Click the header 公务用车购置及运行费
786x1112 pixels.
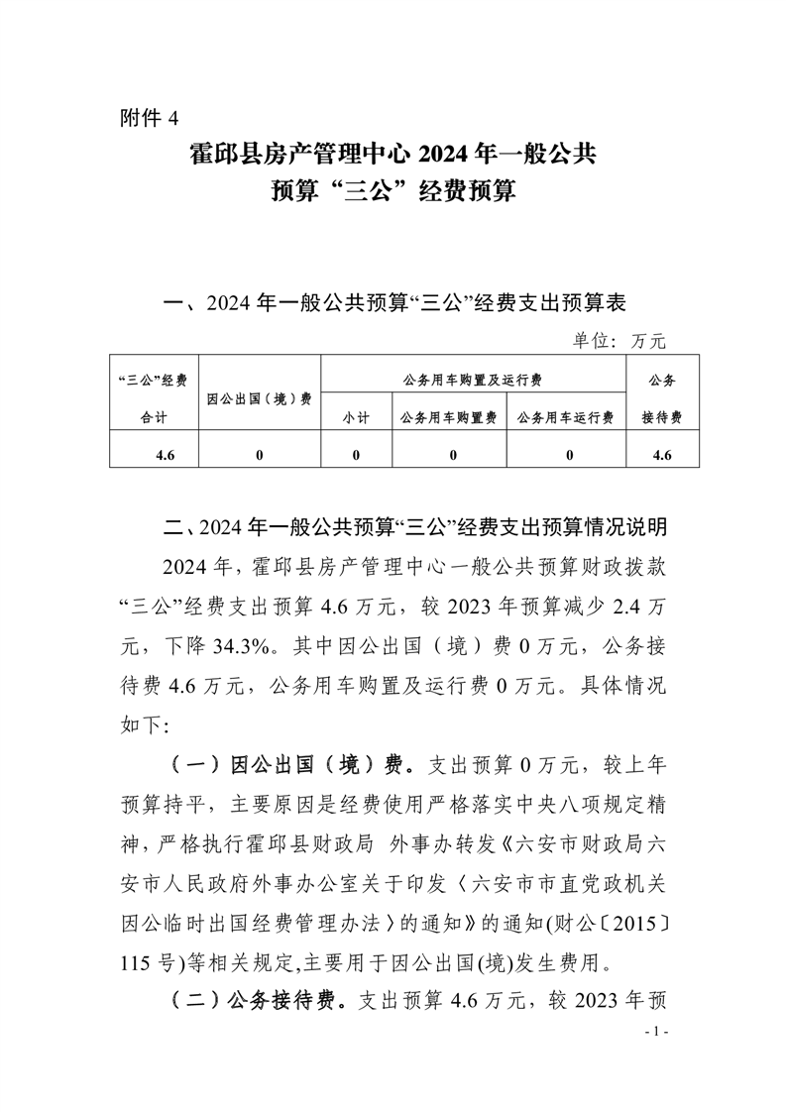click(473, 380)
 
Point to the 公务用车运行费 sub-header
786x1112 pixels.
click(566, 418)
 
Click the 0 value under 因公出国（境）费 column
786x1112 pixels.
click(260, 456)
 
